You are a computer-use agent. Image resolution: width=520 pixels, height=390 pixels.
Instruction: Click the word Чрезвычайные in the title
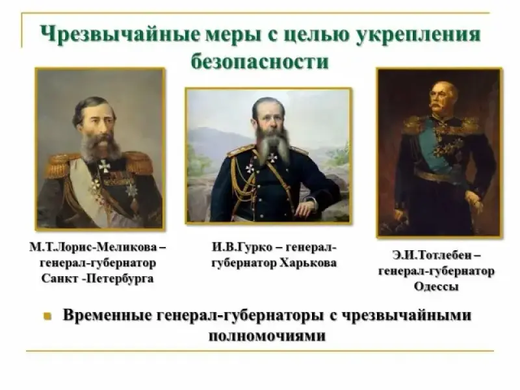click(x=120, y=34)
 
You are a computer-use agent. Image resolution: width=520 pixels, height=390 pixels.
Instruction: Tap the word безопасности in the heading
click(x=260, y=62)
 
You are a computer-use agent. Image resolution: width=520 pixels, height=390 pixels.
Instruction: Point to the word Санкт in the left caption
click(x=59, y=278)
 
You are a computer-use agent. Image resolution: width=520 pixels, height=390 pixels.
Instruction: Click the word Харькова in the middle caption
click(x=308, y=263)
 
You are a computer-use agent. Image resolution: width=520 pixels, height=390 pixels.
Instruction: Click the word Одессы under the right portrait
click(x=436, y=286)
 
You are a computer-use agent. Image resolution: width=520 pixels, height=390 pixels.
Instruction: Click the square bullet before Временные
click(x=47, y=316)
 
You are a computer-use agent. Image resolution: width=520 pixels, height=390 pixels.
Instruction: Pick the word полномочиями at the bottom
click(x=267, y=336)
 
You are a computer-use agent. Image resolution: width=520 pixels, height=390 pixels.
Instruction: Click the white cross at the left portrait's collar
click(x=104, y=166)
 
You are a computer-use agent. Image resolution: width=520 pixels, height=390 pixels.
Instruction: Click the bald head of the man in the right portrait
click(x=444, y=87)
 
